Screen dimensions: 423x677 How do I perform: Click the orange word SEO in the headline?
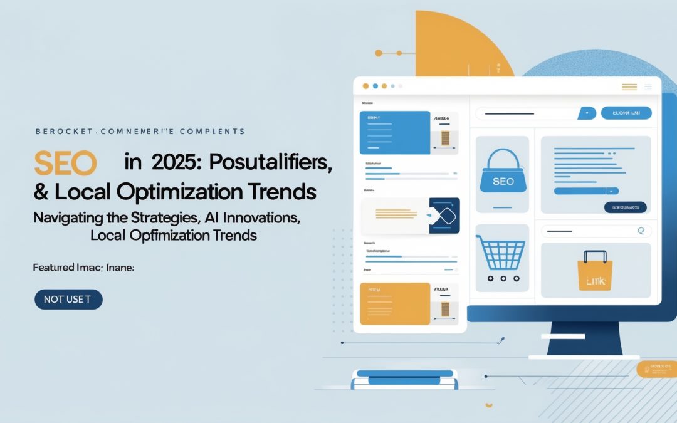(65, 163)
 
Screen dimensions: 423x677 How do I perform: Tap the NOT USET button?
(68, 300)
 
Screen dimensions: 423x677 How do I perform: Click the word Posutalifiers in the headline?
(271, 163)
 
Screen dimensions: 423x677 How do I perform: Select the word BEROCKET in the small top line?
(60, 132)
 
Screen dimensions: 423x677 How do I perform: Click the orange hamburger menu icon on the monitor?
(629, 87)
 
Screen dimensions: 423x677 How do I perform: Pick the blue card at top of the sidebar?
(394, 132)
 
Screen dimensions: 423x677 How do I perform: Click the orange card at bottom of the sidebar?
(394, 303)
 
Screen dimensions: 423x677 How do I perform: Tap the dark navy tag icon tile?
(444, 216)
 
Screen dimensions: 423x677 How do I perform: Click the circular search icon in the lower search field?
(640, 231)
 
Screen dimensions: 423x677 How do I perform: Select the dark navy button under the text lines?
(624, 207)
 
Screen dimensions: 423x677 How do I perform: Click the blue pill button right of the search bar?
(626, 113)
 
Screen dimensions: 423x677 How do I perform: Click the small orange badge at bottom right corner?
(656, 369)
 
